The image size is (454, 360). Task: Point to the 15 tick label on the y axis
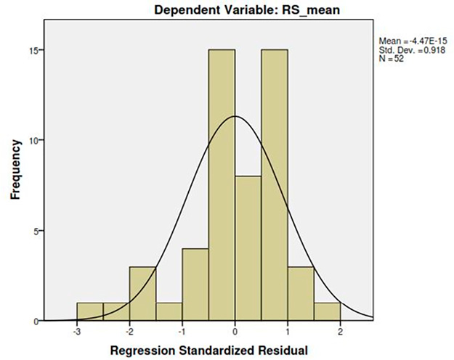[x=33, y=50]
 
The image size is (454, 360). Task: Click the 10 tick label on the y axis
[x=33, y=140]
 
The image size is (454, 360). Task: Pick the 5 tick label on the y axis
[x=35, y=231]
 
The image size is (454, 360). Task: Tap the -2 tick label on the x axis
[x=129, y=330]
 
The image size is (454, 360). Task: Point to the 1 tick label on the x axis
[x=288, y=330]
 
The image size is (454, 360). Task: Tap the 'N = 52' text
[x=392, y=59]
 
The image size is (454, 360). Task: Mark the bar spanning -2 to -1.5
[x=142, y=294]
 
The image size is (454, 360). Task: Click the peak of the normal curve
[x=235, y=116]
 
